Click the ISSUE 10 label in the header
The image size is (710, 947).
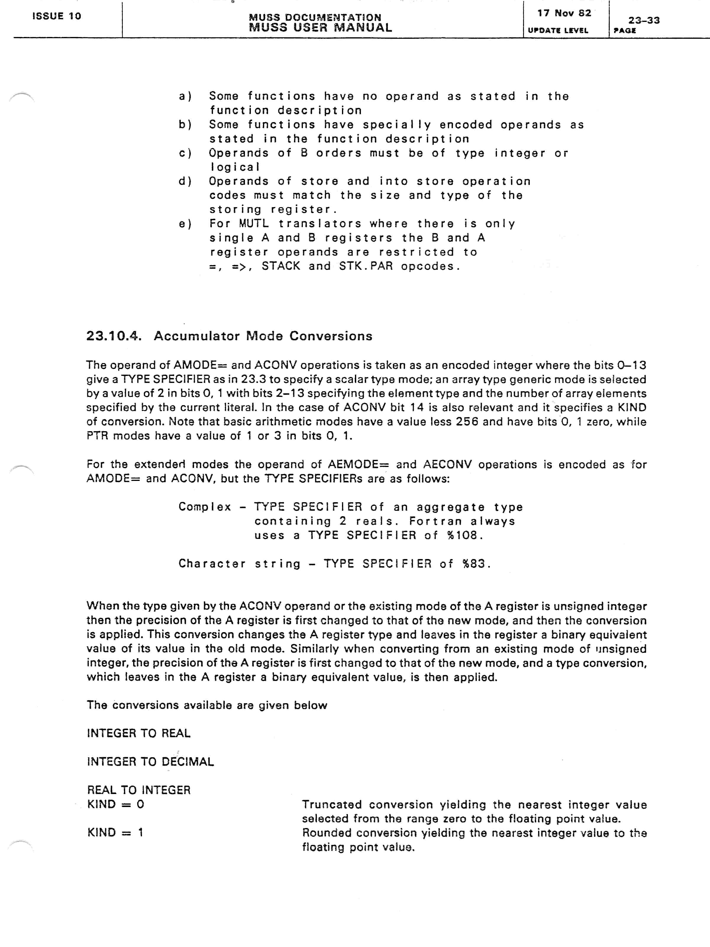57,16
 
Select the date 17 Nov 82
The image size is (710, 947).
564,13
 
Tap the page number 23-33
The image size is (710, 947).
644,20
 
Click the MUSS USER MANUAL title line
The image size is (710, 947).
320,28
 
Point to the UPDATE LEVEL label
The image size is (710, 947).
558,30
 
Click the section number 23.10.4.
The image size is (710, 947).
113,336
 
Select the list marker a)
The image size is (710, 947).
185,96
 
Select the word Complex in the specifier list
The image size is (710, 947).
205,507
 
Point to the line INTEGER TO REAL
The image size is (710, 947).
139,733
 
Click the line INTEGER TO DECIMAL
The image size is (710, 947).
150,762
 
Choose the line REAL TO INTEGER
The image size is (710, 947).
139,790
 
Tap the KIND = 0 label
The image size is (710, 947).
116,804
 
